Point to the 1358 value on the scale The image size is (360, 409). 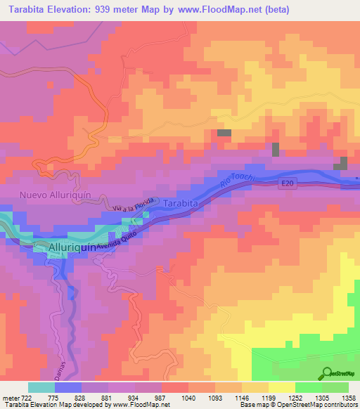(x=348, y=398)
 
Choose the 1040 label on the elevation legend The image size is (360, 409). (x=188, y=398)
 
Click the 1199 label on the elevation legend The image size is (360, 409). (x=268, y=398)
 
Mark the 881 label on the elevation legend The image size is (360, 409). (x=108, y=398)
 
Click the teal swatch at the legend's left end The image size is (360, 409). (x=41, y=387)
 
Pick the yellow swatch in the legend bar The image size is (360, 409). (x=281, y=387)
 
